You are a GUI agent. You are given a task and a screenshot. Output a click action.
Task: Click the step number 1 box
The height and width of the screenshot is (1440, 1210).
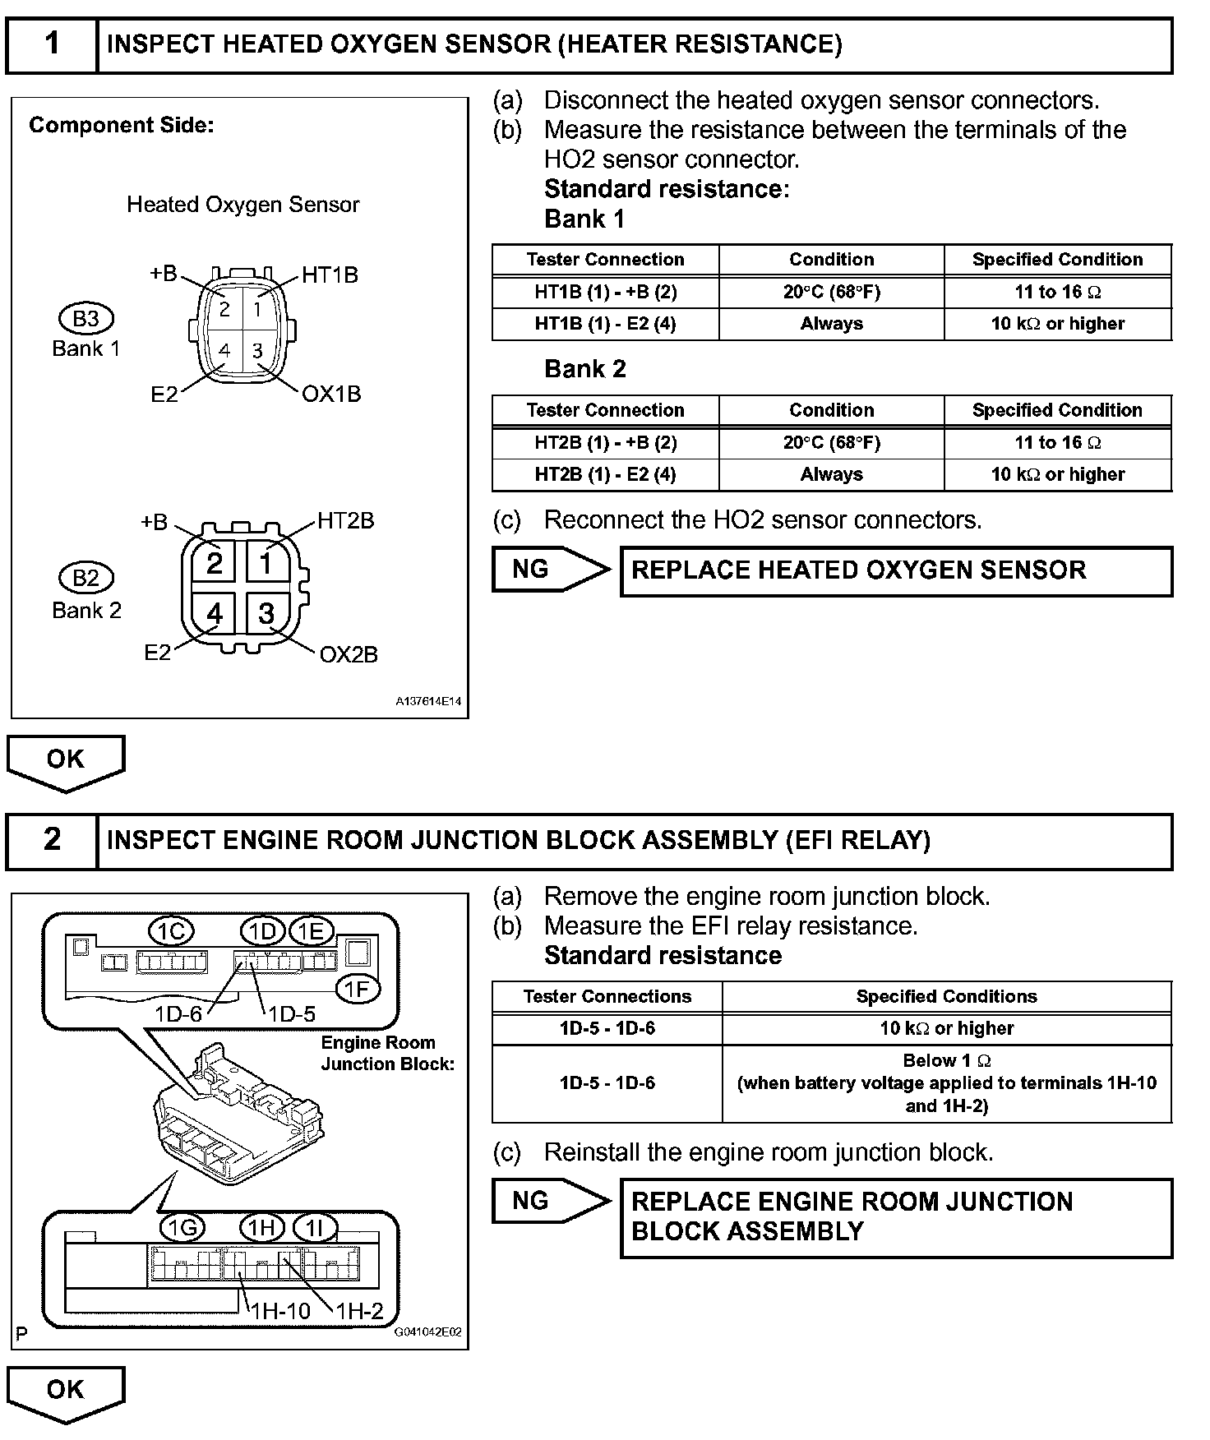click(x=52, y=45)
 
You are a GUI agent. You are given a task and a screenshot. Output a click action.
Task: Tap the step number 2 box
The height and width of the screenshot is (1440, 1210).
click(x=52, y=840)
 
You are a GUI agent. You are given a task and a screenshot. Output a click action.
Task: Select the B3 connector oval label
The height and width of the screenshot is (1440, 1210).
click(x=86, y=319)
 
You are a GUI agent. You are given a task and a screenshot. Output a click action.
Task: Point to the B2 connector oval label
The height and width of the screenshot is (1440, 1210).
click(x=86, y=578)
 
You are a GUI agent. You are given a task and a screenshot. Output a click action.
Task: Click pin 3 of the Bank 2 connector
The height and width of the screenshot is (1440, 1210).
click(x=266, y=613)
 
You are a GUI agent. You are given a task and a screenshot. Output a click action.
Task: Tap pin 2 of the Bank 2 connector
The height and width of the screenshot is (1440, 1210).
click(x=215, y=564)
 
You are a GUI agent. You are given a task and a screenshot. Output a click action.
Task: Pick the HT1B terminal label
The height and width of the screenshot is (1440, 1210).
click(x=330, y=275)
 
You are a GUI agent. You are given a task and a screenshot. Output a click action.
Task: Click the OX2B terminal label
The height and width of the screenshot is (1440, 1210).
click(x=349, y=654)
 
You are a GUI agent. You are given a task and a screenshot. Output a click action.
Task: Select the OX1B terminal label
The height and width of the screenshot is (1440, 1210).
click(x=331, y=395)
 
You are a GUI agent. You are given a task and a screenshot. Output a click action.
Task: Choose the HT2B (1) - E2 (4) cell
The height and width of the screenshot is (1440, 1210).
click(x=606, y=475)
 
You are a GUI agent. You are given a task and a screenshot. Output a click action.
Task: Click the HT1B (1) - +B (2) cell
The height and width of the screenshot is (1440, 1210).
click(x=606, y=292)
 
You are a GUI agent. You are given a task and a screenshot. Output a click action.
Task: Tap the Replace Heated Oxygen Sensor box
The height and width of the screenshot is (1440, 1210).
click(x=896, y=571)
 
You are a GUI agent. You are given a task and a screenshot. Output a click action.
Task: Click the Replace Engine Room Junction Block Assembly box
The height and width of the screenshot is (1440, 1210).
click(x=896, y=1217)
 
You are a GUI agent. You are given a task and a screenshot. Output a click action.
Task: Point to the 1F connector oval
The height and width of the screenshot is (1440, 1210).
click(x=358, y=990)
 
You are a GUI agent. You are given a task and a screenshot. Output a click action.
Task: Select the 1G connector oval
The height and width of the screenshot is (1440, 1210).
click(x=182, y=1228)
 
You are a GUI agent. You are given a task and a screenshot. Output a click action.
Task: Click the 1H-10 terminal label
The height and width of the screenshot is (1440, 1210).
click(x=280, y=1311)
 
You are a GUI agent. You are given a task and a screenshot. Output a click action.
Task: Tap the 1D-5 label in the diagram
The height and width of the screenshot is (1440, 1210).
click(x=292, y=1014)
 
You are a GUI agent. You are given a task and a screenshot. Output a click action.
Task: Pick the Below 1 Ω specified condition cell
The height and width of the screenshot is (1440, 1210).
click(x=946, y=1083)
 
